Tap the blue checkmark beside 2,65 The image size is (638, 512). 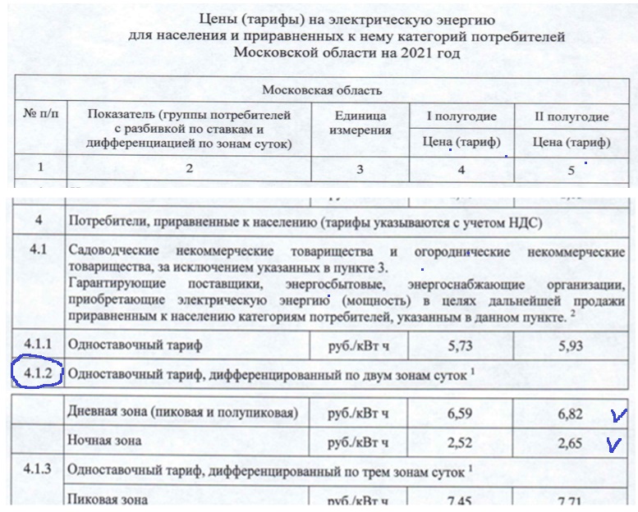point(610,444)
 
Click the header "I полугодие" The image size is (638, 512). point(460,117)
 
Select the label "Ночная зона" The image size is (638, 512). point(105,441)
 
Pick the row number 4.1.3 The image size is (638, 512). point(37,470)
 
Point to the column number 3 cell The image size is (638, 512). point(358,169)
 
